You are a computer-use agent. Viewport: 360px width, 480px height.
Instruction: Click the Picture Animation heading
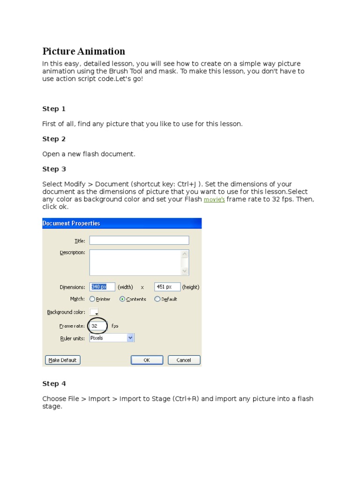83,52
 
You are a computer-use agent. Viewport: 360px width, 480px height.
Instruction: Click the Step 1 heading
54,109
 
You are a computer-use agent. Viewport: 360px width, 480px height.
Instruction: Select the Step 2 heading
54,139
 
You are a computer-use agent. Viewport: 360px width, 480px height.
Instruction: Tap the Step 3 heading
54,169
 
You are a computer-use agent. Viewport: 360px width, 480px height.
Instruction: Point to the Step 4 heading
54,383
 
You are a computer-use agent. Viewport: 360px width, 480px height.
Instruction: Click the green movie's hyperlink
214,200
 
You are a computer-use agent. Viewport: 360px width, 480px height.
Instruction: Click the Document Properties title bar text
71,223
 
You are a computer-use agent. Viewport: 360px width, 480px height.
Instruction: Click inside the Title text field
139,240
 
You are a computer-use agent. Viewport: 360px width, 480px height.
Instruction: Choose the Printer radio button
92,299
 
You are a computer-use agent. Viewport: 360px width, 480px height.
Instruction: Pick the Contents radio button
122,299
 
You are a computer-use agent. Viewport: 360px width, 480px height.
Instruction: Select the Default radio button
157,299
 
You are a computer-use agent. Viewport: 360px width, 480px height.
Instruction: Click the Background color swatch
94,312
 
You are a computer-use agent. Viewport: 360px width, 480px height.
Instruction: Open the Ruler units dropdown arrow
130,337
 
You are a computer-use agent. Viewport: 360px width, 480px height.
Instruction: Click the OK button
147,360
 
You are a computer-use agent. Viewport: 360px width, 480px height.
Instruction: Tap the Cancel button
184,360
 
